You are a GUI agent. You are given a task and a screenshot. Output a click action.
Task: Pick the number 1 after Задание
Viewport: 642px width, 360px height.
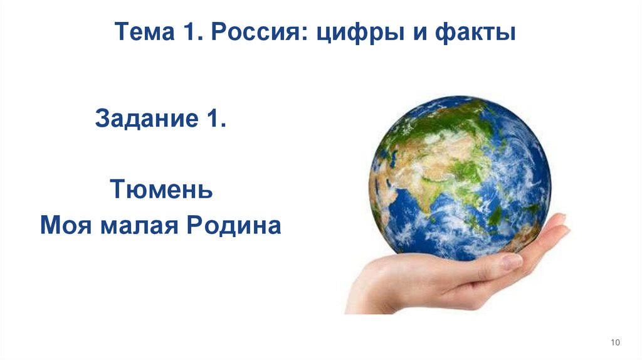coord(213,117)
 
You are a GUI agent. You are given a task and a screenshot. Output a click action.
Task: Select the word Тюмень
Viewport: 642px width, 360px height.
coord(162,189)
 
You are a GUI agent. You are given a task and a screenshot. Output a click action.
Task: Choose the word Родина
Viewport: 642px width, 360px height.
coord(226,225)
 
